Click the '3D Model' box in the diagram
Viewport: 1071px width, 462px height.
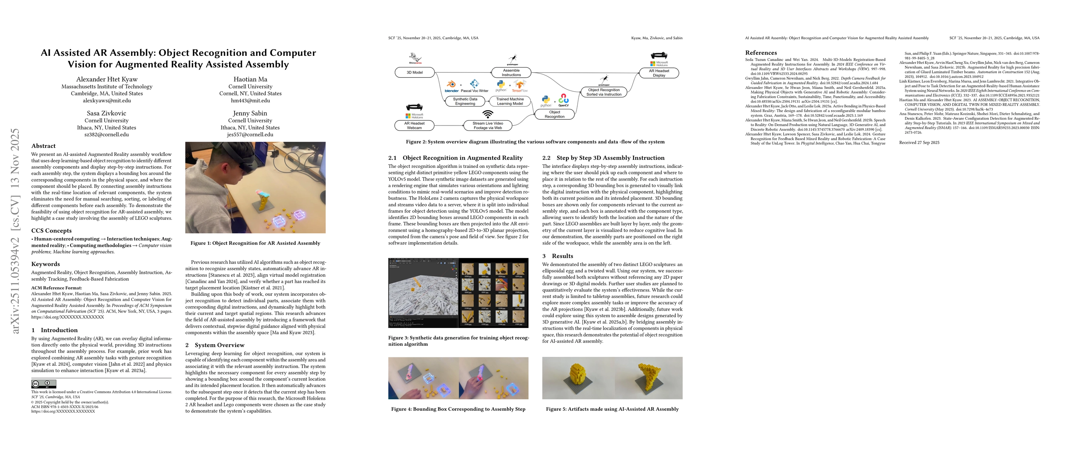click(x=414, y=73)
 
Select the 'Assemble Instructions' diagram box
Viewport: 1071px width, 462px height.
click(x=511, y=73)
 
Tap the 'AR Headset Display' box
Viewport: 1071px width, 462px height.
click(x=659, y=73)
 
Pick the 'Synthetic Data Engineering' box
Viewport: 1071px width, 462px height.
click(x=465, y=101)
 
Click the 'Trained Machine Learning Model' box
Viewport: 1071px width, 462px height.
click(x=510, y=101)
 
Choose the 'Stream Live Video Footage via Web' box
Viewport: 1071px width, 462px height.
click(x=488, y=126)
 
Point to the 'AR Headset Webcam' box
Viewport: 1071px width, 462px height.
click(x=414, y=126)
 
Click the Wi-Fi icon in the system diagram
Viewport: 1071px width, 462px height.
click(x=488, y=114)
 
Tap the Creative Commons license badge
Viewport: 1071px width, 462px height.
click(x=44, y=384)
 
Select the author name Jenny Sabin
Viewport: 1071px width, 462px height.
click(x=250, y=113)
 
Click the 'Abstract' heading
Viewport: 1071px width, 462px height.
click(x=43, y=146)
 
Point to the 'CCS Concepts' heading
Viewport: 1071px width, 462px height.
click(x=51, y=231)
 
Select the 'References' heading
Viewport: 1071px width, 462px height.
click(x=761, y=53)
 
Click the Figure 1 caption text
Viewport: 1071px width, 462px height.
click(x=255, y=243)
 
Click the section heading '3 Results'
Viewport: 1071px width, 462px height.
click(x=558, y=256)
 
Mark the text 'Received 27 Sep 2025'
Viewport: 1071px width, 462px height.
click(x=919, y=142)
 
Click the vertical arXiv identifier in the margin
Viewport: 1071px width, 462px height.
click(x=15, y=231)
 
